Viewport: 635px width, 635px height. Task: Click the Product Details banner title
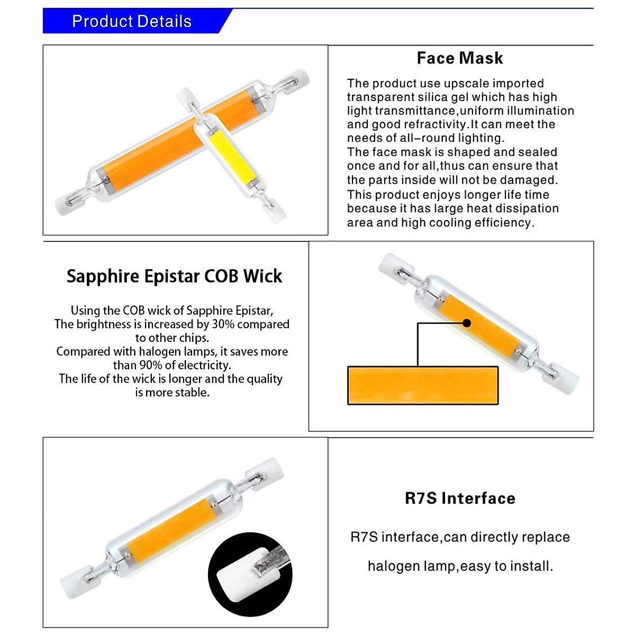click(131, 22)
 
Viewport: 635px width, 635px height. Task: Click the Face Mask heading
click(460, 58)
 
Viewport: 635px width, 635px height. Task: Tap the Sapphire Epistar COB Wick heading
click(174, 276)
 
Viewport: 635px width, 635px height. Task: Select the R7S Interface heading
click(460, 498)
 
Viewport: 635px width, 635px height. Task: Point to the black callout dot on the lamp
click(467, 323)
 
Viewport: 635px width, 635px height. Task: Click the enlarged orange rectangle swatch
click(422, 386)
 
